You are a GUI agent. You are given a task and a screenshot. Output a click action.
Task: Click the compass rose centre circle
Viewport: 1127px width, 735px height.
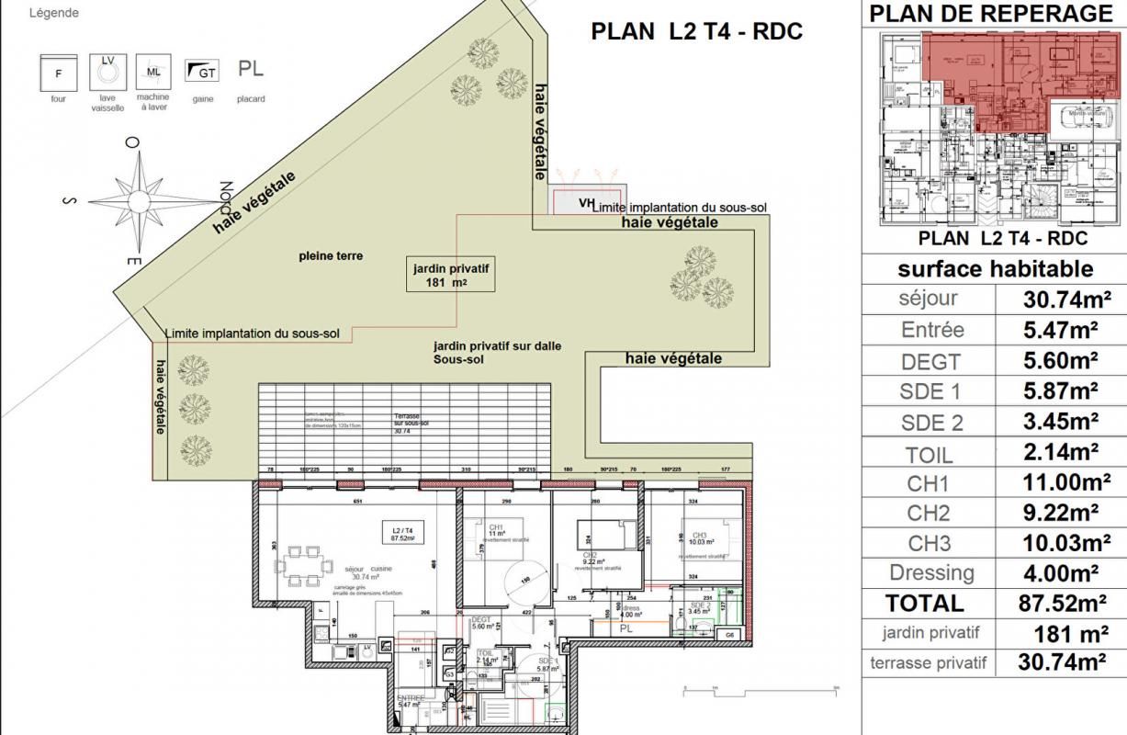coord(138,202)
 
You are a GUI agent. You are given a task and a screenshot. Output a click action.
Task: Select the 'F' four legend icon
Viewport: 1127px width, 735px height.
coord(59,72)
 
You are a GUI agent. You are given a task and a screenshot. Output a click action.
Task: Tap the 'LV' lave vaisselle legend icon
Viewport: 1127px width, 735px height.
coord(107,71)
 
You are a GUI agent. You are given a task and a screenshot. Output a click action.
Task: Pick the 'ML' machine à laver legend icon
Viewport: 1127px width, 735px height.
coord(152,71)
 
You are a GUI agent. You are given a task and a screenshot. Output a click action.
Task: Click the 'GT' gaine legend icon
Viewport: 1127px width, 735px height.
coord(202,70)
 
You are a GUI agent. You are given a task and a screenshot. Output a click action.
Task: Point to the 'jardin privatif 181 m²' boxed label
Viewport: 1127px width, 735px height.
coord(450,275)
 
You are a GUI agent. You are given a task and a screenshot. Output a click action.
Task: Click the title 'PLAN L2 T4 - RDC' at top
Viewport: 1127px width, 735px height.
coord(696,31)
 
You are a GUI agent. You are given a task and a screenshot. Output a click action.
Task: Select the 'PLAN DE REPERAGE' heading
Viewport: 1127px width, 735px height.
coord(990,13)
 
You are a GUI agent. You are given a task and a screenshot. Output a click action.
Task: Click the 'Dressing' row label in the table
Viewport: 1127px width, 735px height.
coord(930,573)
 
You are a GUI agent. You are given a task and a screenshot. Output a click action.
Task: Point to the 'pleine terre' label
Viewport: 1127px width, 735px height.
coord(331,256)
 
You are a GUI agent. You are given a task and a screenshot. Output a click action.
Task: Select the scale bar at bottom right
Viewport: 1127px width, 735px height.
coord(761,688)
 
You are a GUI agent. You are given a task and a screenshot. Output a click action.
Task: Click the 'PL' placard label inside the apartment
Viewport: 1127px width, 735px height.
coord(625,629)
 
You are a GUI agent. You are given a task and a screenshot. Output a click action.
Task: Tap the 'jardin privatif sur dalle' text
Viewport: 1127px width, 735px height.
coord(497,346)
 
